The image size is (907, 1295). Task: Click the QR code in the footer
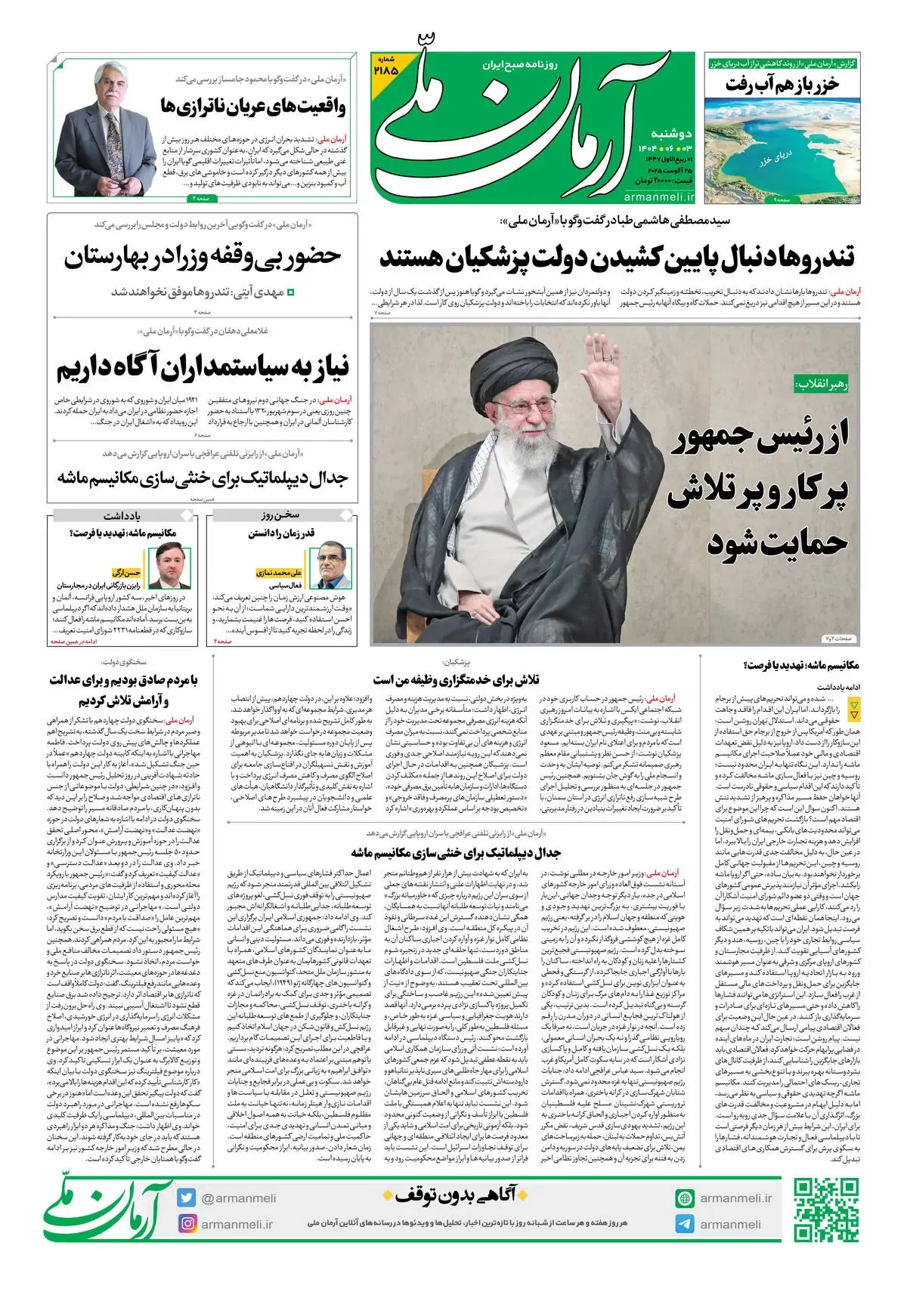click(x=826, y=1210)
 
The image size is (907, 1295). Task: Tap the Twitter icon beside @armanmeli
click(x=187, y=1198)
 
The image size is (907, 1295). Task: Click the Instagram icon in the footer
click(x=187, y=1223)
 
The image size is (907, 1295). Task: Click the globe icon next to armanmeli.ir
click(x=685, y=1198)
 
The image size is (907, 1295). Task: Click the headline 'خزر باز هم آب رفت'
click(x=782, y=84)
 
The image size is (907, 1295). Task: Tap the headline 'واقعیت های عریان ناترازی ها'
click(x=253, y=106)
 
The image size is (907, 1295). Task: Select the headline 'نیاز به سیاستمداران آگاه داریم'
click(x=203, y=368)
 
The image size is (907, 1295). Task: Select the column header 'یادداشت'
click(x=122, y=516)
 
